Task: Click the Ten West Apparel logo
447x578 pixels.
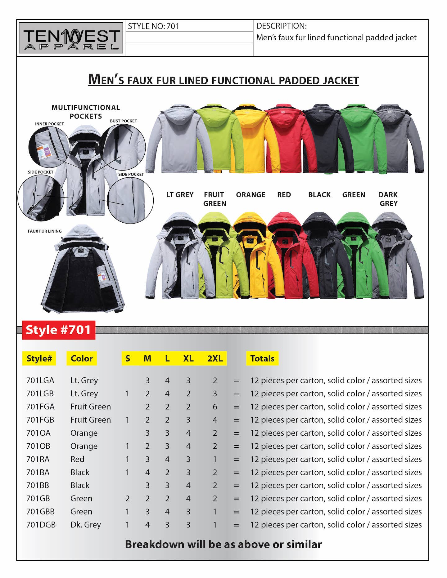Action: (71, 38)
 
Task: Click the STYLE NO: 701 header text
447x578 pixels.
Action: (154, 26)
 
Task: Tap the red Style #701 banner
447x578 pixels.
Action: (58, 330)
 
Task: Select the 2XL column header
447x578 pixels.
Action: (215, 358)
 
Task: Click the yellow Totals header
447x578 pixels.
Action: (262, 358)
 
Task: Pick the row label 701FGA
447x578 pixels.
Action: (40, 407)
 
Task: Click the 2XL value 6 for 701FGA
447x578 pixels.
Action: (215, 407)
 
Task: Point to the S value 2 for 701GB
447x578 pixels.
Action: (127, 498)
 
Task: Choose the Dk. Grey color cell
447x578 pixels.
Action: (86, 525)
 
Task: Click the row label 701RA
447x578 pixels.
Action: (38, 459)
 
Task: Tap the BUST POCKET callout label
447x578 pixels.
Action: (123, 121)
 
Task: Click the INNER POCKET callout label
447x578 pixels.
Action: (49, 124)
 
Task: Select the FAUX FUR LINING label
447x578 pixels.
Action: (45, 231)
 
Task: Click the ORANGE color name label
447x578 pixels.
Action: (251, 195)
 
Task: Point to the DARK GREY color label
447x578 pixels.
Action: (388, 199)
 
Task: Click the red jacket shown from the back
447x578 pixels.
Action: (284, 140)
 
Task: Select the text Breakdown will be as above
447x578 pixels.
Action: (223, 544)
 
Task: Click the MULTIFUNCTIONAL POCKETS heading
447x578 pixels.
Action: (86, 112)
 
